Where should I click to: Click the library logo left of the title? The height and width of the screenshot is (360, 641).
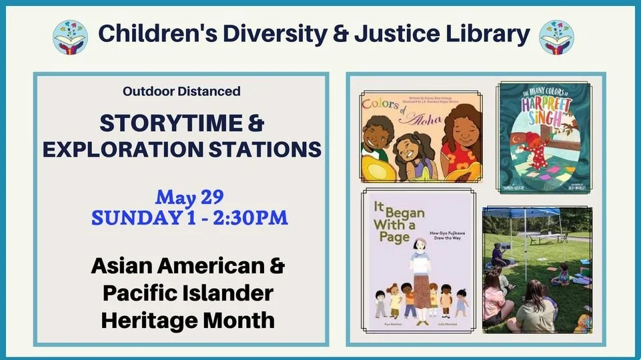pyautogui.click(x=70, y=36)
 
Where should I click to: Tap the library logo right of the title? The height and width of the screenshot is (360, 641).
pyautogui.click(x=556, y=36)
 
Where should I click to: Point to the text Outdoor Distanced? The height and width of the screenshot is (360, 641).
pyautogui.click(x=181, y=91)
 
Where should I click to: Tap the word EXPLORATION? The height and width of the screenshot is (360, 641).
pyautogui.click(x=126, y=149)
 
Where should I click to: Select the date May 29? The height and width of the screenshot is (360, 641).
pyautogui.click(x=189, y=197)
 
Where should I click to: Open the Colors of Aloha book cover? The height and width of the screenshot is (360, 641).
pyautogui.click(x=420, y=137)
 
